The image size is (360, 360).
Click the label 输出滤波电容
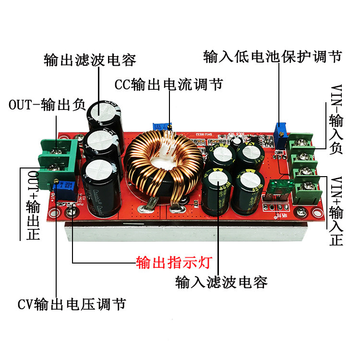(90, 60)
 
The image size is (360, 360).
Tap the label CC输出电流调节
(168, 85)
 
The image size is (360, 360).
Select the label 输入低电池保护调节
(273, 56)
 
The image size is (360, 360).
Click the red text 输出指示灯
(174, 263)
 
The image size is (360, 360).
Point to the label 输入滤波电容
(222, 282)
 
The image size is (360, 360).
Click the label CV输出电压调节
(72, 304)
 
